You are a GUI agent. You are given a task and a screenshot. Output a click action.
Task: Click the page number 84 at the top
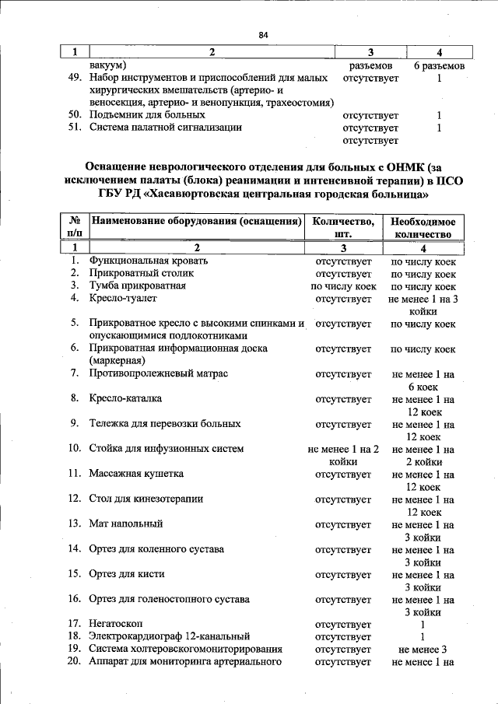(x=263, y=35)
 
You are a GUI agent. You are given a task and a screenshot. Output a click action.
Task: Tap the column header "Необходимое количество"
(x=423, y=227)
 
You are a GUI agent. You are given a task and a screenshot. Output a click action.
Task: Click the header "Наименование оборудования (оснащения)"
(x=196, y=221)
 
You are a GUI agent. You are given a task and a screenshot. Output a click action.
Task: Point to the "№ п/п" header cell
(x=75, y=227)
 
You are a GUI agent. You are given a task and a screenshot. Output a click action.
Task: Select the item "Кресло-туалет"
(x=123, y=298)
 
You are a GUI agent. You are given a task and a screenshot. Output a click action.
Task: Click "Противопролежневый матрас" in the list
(x=158, y=374)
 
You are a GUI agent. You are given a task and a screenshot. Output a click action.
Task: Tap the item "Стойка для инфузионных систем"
(x=167, y=449)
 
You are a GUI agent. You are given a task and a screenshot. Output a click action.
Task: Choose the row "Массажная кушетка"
(x=136, y=474)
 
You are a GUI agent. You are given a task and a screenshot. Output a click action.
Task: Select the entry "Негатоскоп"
(x=116, y=624)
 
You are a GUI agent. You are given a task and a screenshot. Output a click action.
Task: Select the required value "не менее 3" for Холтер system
(x=423, y=649)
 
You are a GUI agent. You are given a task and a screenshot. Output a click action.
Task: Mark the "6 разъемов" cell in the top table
(x=439, y=66)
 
